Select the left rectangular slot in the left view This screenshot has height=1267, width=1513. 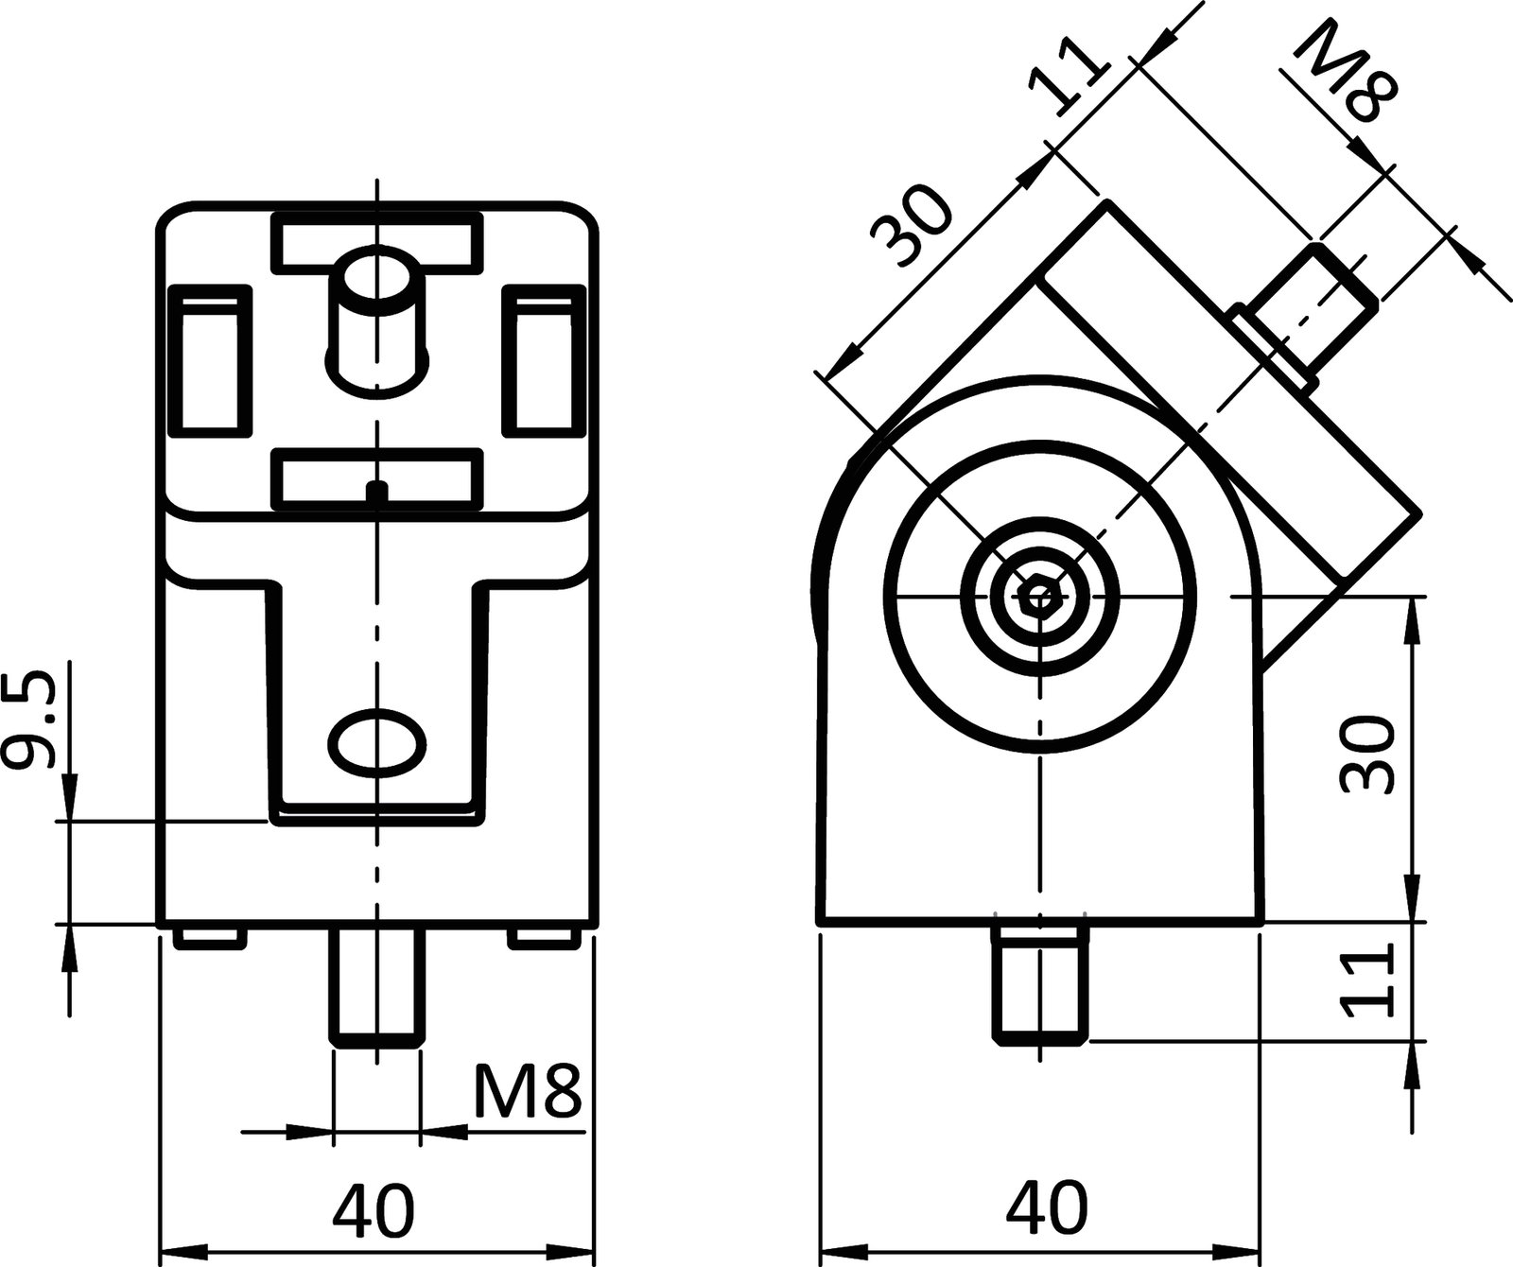point(209,359)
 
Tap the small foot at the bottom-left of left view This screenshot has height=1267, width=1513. point(209,937)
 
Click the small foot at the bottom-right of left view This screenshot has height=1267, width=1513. point(544,937)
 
